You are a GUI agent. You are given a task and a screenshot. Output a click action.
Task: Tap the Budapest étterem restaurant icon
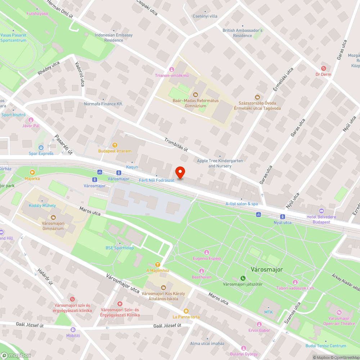(115, 145)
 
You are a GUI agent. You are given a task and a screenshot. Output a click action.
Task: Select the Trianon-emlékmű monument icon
(172, 69)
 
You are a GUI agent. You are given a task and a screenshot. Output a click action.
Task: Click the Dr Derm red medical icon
(323, 68)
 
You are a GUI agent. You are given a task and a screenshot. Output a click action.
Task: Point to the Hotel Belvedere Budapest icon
(321, 211)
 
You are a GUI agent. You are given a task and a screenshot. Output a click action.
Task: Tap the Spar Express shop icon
(41, 147)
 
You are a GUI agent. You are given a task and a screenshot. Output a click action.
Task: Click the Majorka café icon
(32, 172)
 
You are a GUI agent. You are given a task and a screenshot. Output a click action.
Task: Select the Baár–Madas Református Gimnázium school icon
(195, 95)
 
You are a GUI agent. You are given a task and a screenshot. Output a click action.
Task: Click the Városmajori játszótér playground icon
(243, 278)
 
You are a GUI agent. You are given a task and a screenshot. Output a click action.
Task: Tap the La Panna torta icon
(186, 311)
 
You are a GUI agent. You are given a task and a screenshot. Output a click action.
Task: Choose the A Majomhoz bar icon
(157, 264)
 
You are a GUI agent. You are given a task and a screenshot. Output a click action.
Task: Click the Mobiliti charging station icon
(73, 329)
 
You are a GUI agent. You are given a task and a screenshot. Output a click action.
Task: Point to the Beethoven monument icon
(202, 271)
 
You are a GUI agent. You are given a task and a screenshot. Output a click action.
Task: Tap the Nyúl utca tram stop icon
(283, 216)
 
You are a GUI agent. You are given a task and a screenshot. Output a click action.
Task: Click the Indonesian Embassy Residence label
(114, 37)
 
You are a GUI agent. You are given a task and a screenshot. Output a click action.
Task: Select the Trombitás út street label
(176, 144)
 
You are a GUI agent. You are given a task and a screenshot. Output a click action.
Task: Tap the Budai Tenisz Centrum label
(325, 346)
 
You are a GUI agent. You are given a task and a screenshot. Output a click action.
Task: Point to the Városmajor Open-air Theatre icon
(339, 312)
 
